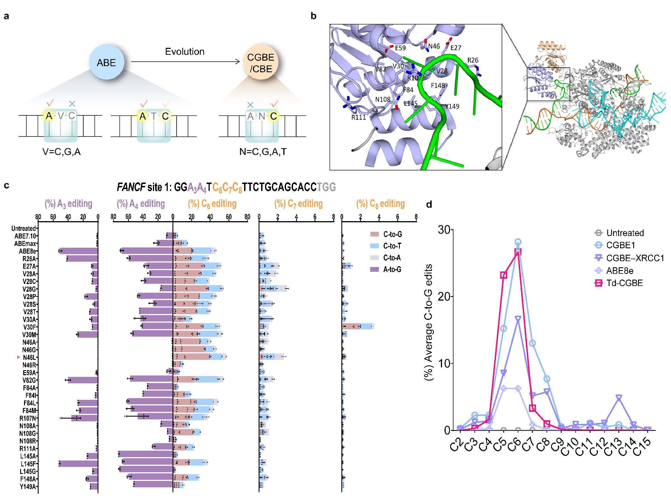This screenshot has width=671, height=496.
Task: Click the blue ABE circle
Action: (x=106, y=62)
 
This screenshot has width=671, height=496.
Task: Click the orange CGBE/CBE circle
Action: (x=260, y=62)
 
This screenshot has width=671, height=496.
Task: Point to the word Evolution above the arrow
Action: (x=185, y=51)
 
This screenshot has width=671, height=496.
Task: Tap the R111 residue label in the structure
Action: (x=358, y=117)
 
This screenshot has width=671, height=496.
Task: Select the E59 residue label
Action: (x=400, y=48)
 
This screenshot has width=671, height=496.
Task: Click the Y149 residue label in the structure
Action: (x=452, y=106)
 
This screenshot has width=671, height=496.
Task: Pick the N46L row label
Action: (x=29, y=357)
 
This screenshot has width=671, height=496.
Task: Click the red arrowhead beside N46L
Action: (x=19, y=357)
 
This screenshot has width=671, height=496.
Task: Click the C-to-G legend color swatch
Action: (x=374, y=234)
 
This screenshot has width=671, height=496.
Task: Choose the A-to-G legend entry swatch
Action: (x=374, y=269)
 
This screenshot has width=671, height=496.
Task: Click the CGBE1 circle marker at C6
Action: (x=518, y=242)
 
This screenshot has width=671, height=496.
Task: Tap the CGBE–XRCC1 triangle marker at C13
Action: (x=619, y=398)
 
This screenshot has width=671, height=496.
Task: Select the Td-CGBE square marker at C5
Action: (x=504, y=275)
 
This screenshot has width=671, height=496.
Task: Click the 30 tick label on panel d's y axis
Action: (x=444, y=230)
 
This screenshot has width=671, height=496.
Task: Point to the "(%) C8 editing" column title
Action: (x=381, y=204)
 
